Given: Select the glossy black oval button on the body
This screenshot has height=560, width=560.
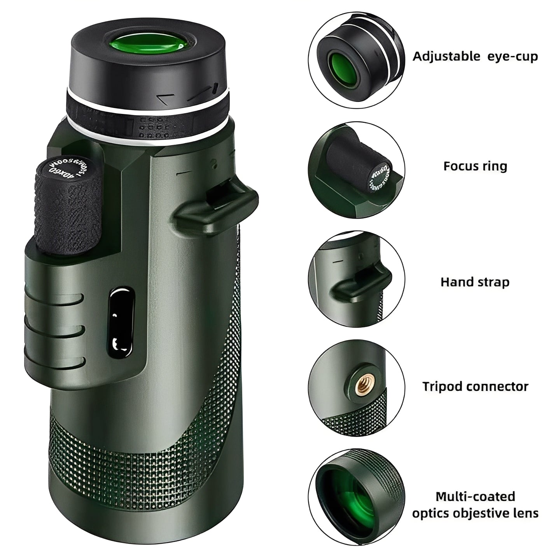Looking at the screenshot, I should [120, 323].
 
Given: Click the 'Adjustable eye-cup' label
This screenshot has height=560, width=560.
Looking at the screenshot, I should [475, 56].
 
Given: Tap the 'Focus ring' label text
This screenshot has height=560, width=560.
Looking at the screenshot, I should [475, 166].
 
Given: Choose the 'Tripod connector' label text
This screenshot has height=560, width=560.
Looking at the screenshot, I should [475, 387].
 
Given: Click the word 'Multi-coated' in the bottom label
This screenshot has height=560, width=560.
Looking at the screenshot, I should [475, 497].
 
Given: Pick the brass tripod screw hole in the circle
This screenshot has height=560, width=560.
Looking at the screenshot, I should [362, 385].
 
